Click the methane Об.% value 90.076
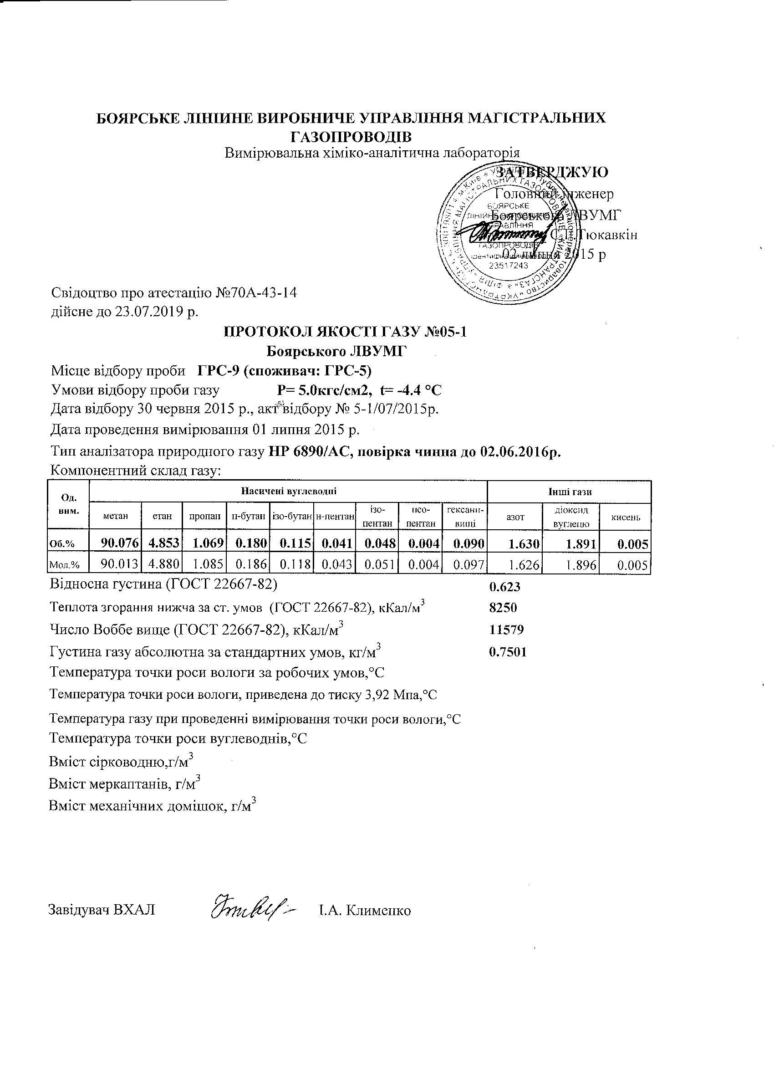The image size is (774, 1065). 120,543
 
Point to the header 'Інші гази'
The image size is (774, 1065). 570,492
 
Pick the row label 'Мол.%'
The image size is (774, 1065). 64,566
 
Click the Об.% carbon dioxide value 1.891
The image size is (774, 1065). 580,544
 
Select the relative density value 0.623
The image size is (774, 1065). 504,587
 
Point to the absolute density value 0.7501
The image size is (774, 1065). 507,652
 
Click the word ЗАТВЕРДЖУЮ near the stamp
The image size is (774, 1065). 552,172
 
